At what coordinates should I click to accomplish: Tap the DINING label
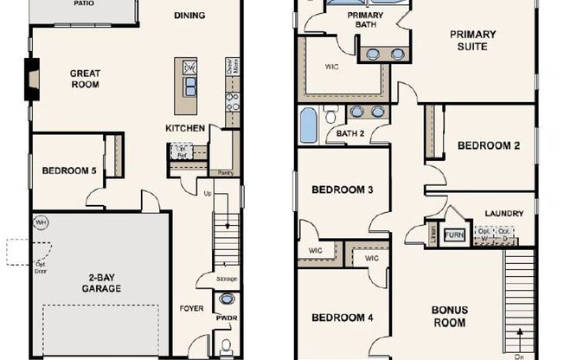[x=189, y=16]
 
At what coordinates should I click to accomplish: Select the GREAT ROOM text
[x=85, y=80]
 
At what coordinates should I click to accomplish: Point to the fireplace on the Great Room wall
[x=33, y=78]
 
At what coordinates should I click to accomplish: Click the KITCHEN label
[x=185, y=128]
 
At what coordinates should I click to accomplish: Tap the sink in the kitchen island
[x=189, y=84]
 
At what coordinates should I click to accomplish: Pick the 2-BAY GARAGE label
[x=102, y=282]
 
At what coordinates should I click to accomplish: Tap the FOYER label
[x=191, y=308]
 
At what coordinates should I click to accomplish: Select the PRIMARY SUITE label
[x=472, y=41]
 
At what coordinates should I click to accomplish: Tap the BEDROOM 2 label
[x=489, y=145]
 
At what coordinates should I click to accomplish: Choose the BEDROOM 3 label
[x=343, y=190]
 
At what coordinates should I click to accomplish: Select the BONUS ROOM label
[x=450, y=316]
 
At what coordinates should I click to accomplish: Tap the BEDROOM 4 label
[x=343, y=318]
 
